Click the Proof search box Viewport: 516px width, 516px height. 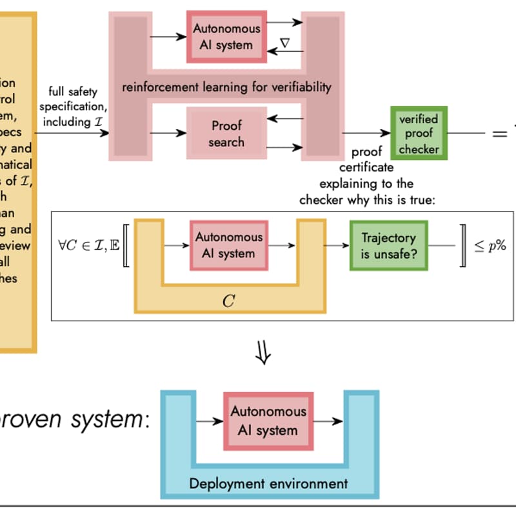pos(226,133)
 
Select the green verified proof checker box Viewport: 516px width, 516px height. pos(418,134)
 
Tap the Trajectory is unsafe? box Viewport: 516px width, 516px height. pos(388,246)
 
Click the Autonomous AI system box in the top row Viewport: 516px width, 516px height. pos(226,37)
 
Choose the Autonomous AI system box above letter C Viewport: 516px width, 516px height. pos(229,245)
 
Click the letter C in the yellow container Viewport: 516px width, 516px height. pos(228,301)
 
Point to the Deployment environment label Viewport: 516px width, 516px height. pos(268,483)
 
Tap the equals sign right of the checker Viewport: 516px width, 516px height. pos(500,134)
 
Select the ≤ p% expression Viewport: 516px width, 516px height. pos(490,246)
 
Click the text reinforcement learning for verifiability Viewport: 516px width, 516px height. pos(226,86)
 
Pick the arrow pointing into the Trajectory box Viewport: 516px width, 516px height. pos(336,245)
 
